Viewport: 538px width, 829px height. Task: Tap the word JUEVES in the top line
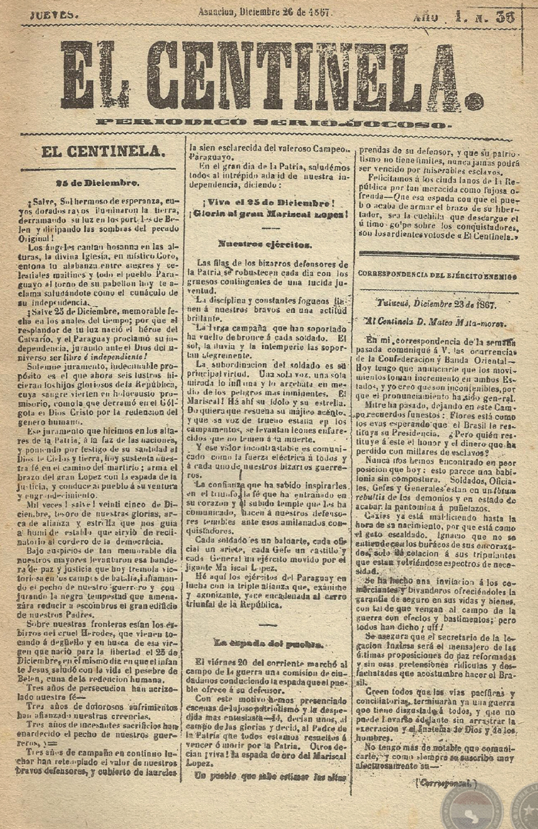[x=55, y=15]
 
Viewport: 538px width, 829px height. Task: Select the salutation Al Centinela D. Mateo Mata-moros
[x=436, y=321]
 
